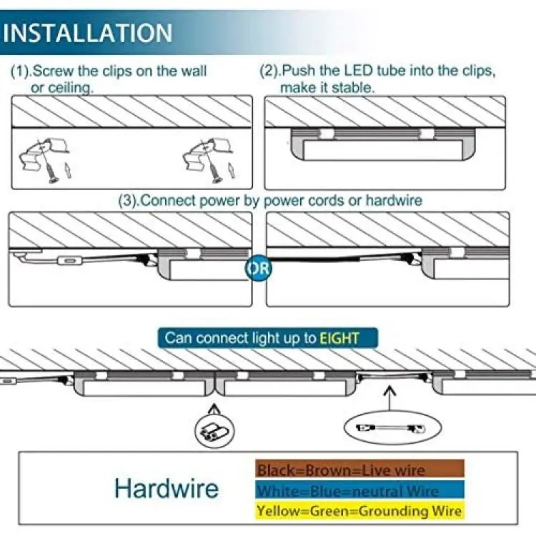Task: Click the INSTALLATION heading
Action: click(88, 33)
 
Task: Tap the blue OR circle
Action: click(259, 268)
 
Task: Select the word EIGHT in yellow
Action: click(339, 338)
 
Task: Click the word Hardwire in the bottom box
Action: click(167, 488)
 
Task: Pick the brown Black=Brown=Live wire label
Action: click(359, 469)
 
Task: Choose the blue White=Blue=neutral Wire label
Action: click(359, 490)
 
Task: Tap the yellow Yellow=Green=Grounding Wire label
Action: click(359, 511)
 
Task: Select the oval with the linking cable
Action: click(393, 427)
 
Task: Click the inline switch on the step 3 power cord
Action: click(71, 261)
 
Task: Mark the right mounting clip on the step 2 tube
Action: click(427, 134)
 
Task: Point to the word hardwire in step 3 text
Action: click(394, 200)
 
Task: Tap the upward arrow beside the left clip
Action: click(68, 170)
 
